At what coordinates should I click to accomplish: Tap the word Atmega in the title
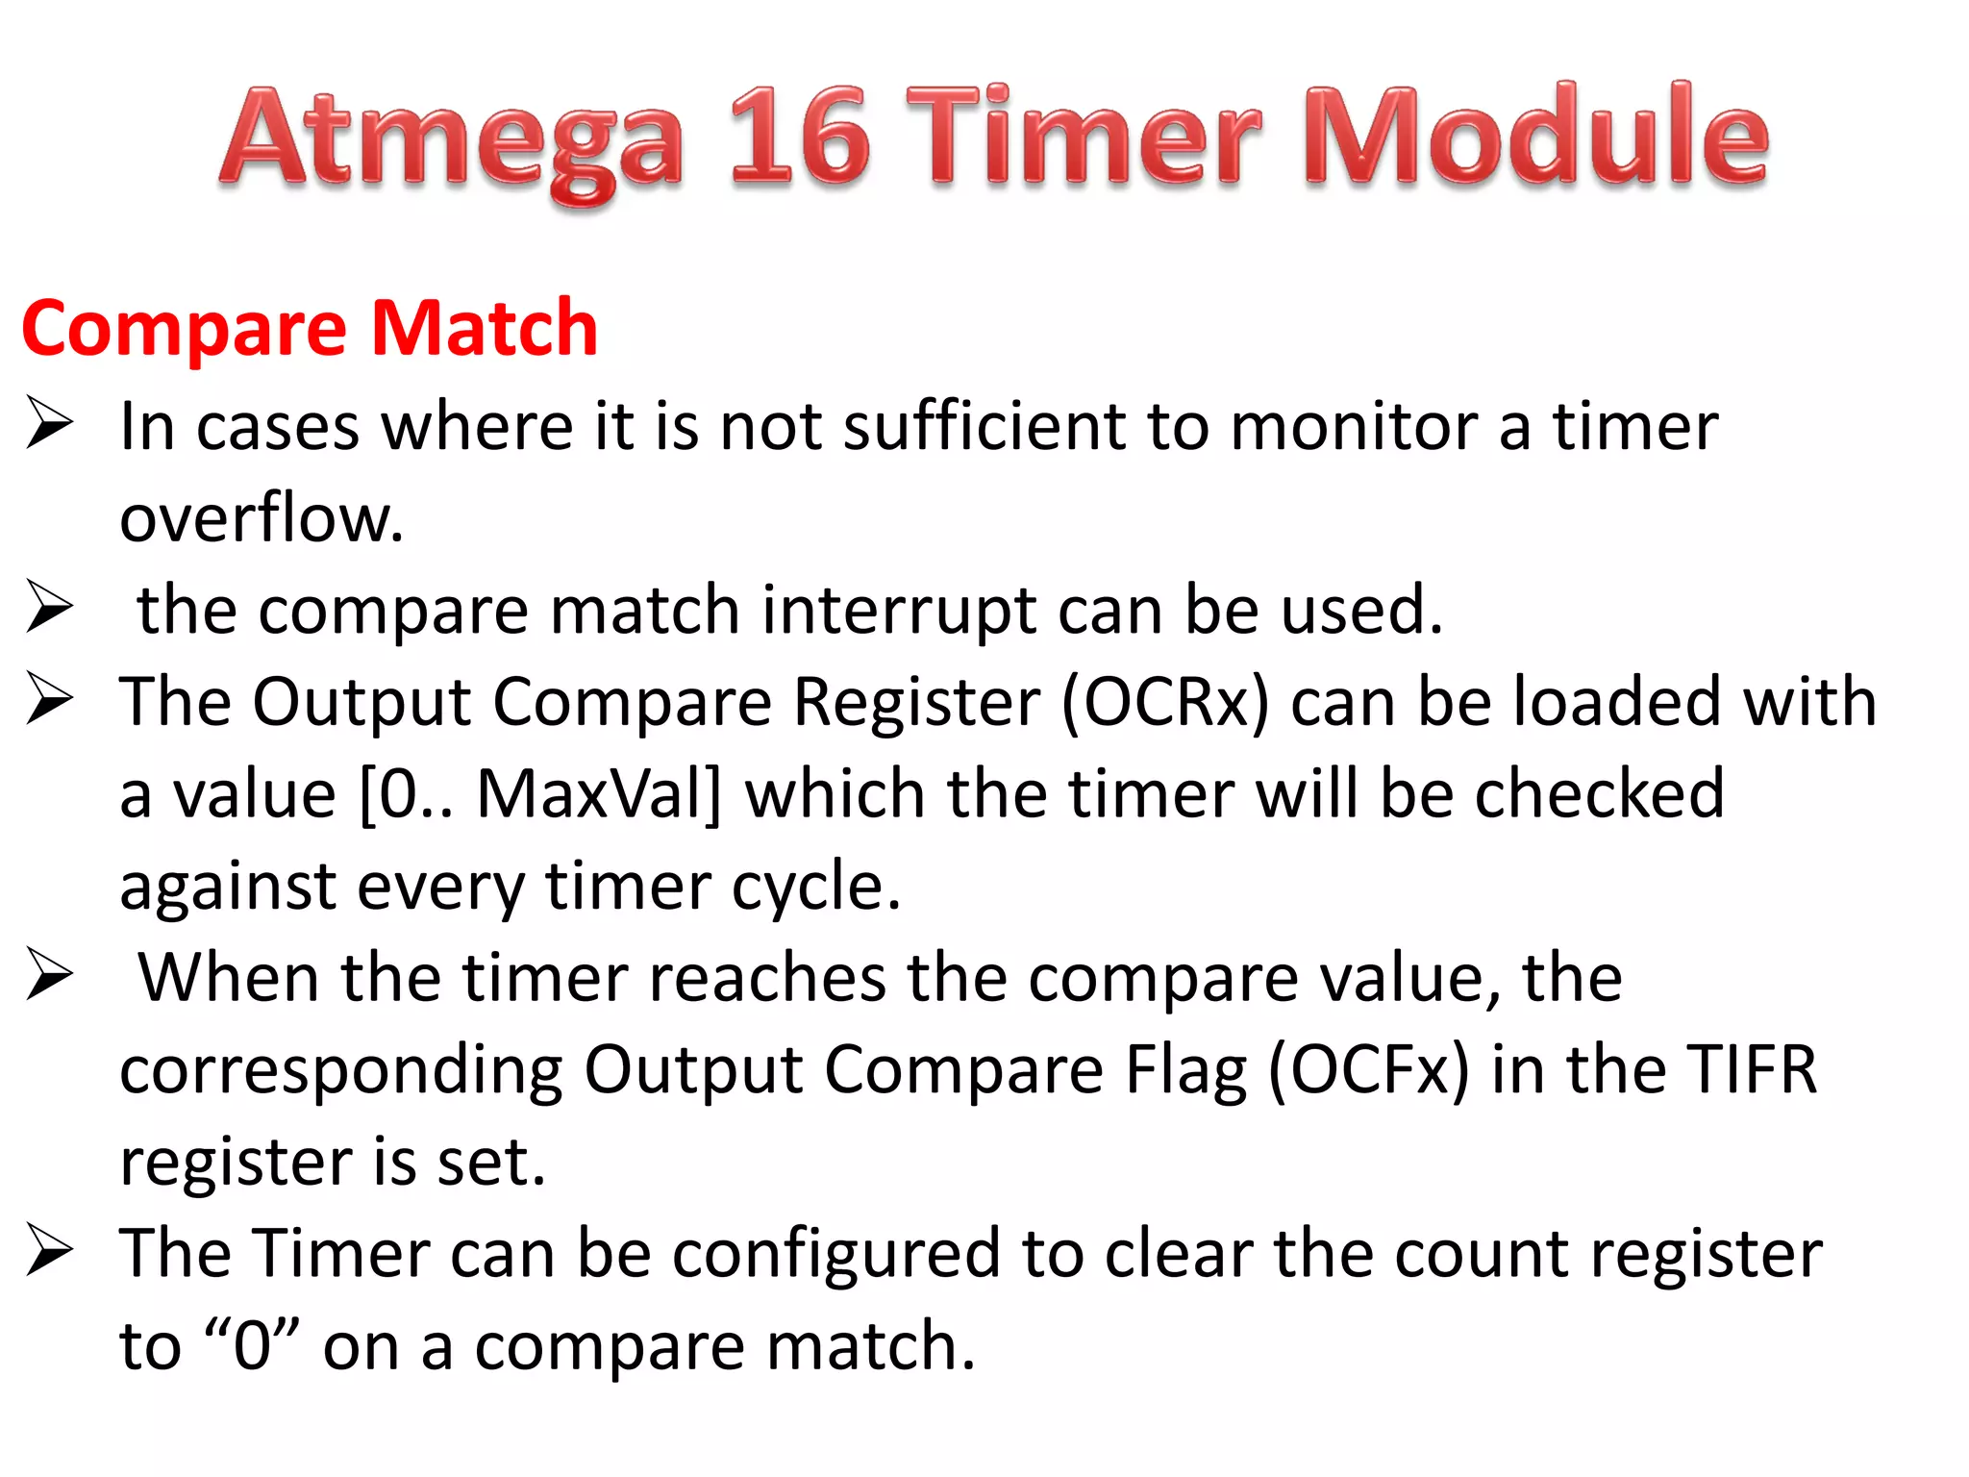pos(452,139)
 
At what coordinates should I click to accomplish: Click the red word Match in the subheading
pos(485,329)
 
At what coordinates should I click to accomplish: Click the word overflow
pos(261,518)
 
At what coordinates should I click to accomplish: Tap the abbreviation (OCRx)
pos(1164,702)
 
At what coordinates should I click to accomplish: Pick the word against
pos(227,887)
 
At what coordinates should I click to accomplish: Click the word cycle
pos(816,887)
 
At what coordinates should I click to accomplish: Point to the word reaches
pos(767,978)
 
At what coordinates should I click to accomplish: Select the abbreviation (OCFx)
pos(1368,1070)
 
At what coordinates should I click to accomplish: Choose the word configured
pos(835,1254)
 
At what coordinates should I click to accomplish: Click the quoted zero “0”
pos(253,1346)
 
